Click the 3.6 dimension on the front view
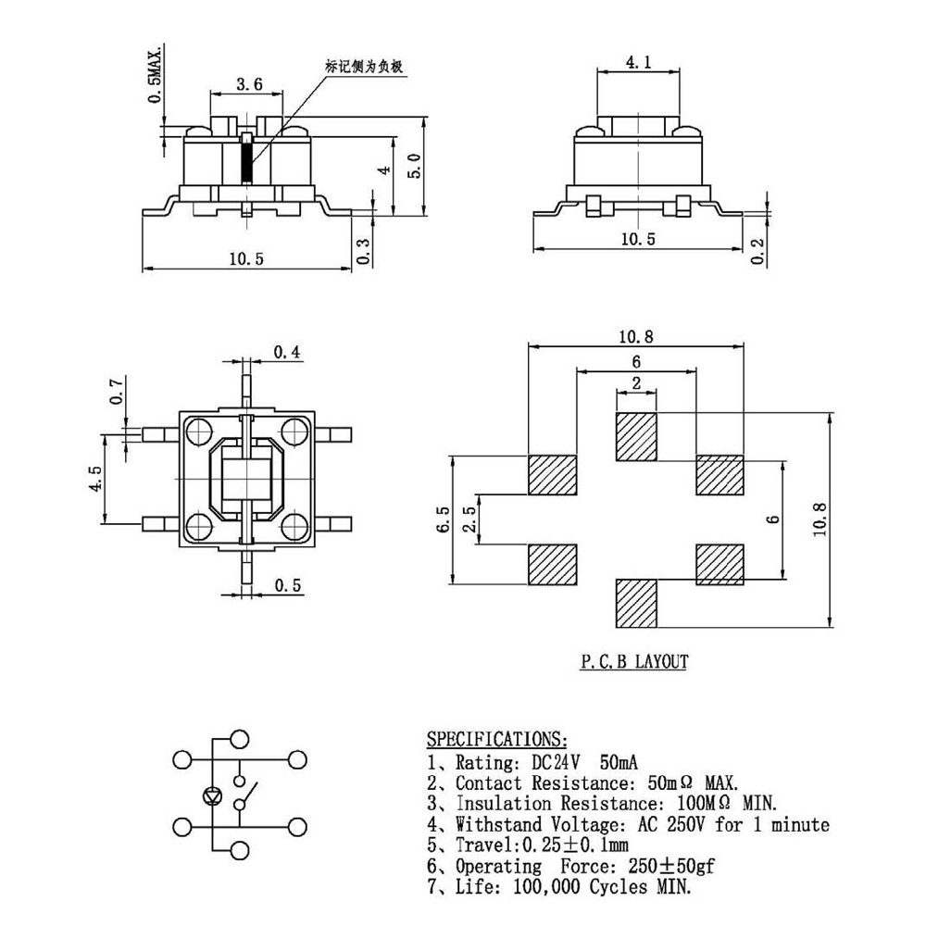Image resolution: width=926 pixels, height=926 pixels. point(249,84)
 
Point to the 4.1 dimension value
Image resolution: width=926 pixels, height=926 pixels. point(638,63)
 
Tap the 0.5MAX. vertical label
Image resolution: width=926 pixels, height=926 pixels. point(156,74)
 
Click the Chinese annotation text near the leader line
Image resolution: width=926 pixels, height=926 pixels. point(365,67)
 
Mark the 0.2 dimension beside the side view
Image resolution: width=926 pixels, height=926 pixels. point(758,250)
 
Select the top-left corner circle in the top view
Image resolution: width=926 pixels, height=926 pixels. point(199,431)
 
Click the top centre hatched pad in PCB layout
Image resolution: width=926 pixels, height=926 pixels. point(636,437)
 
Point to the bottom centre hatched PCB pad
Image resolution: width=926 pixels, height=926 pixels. point(636,604)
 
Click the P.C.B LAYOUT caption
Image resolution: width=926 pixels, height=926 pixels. point(634,661)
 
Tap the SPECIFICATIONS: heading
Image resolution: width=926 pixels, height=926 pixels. point(495,739)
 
